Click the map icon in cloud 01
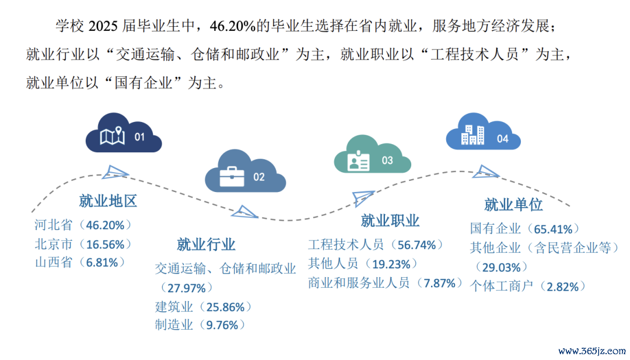coord(112,136)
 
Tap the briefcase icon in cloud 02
coord(232,177)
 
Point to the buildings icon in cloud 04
coord(473,135)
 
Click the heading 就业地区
coord(108,201)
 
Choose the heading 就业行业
coord(206,244)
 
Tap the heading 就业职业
coord(390,221)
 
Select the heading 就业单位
coord(513,205)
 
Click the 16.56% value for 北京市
coord(105,244)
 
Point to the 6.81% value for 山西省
coord(102,263)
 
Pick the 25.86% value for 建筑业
coord(225,307)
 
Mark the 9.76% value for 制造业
coord(222,325)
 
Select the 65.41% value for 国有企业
coord(553,229)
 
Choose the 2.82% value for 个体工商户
coord(562,287)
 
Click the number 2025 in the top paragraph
coord(103,26)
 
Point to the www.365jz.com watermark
coord(592,351)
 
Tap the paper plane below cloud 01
coord(116,172)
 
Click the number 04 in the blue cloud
coord(503,139)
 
